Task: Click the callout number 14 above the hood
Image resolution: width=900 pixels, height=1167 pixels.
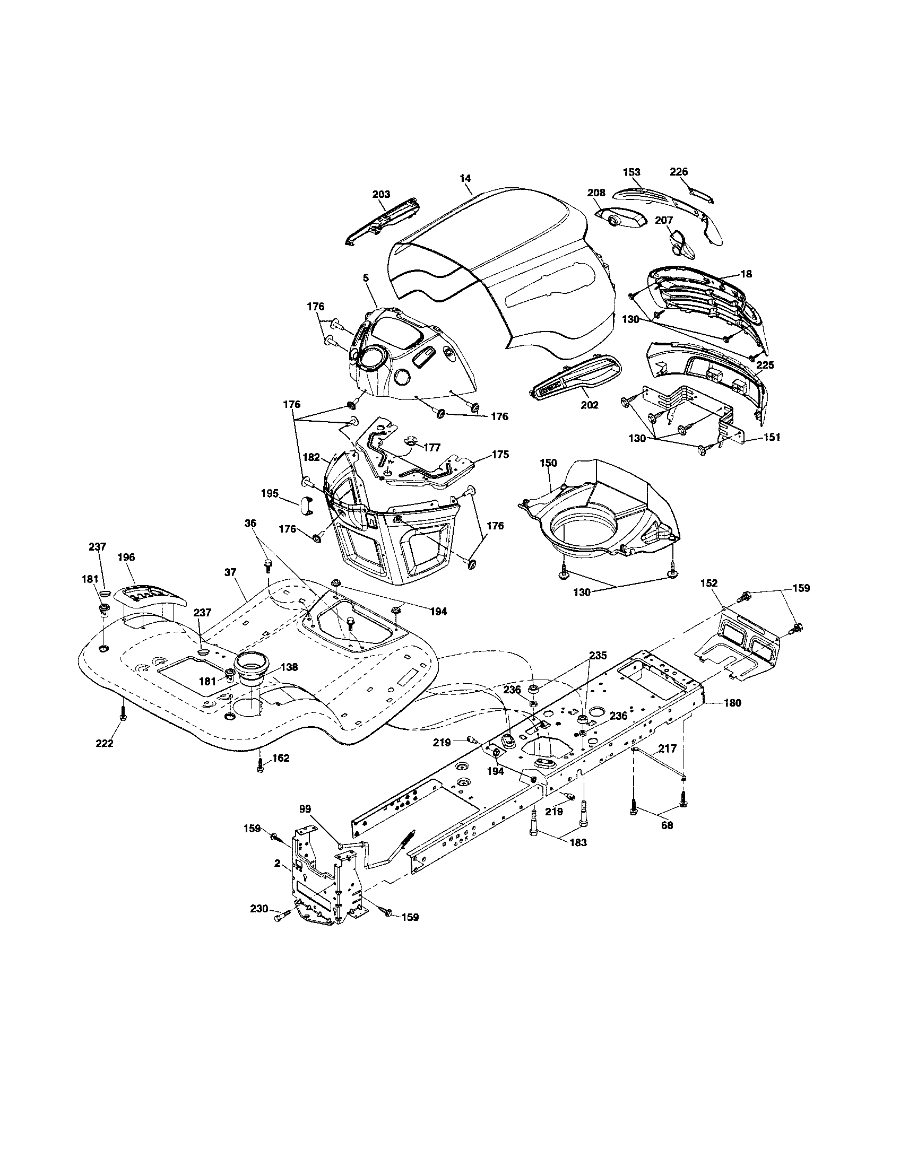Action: (x=465, y=178)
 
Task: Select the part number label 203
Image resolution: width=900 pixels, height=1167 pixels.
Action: (x=381, y=194)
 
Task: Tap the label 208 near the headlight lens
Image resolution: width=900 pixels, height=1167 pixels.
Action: (x=596, y=193)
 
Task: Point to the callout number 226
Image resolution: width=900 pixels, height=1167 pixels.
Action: (x=679, y=171)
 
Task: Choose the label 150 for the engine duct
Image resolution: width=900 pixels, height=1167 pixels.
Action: (x=549, y=463)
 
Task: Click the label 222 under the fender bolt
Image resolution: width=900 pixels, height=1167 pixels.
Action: (x=104, y=743)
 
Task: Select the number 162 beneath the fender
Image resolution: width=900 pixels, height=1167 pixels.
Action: (x=281, y=757)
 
